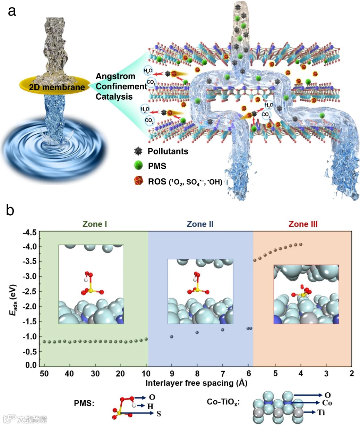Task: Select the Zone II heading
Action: click(200, 224)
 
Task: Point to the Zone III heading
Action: click(303, 224)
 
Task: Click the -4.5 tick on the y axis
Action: click(29, 232)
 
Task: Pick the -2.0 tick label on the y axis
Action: click(29, 307)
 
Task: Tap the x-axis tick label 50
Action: click(44, 374)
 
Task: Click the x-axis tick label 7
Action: click(223, 374)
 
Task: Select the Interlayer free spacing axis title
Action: click(196, 383)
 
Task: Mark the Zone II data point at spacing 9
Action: click(172, 337)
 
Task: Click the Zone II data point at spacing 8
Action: click(197, 333)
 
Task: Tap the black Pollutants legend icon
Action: click(138, 151)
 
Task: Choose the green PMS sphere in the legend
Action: click(138, 166)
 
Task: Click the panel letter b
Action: click(10, 210)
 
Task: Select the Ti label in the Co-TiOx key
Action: click(321, 413)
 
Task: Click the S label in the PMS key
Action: click(159, 414)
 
